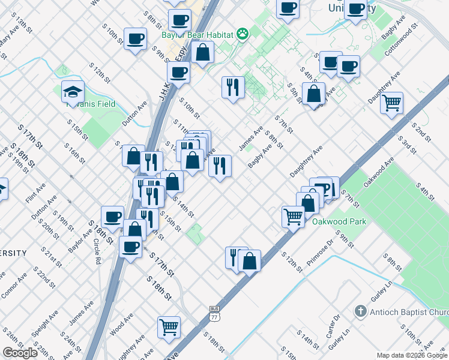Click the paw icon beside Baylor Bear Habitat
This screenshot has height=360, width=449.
[x=243, y=34]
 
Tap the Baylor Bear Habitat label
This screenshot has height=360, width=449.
[x=197, y=35]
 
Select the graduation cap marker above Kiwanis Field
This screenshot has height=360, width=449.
[x=73, y=92]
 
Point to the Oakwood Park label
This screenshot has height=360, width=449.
[x=339, y=221]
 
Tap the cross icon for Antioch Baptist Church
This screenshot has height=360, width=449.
[x=360, y=311]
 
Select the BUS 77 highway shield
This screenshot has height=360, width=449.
[x=215, y=311]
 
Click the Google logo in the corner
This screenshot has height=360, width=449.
[x=20, y=353]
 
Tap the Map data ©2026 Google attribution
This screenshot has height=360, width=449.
[x=412, y=355]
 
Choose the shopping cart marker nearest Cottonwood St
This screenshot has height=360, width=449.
[x=391, y=103]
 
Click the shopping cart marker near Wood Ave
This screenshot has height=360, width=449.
[x=169, y=328]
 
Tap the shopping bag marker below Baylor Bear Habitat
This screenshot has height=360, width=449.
[x=204, y=52]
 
